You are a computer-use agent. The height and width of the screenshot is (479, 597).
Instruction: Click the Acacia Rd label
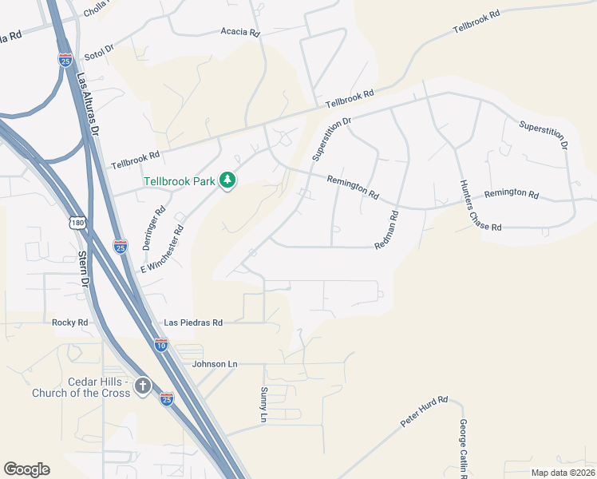click(240, 34)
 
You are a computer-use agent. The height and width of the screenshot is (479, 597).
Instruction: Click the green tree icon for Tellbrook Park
click(228, 180)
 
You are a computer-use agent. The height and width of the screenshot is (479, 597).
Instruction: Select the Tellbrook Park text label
click(180, 181)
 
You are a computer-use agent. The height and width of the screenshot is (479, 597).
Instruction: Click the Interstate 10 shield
click(161, 345)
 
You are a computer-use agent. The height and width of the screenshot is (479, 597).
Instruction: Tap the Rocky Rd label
click(69, 323)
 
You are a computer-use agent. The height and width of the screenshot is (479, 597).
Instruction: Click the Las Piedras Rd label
click(192, 323)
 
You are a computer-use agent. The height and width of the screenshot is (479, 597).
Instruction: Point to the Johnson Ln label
click(215, 364)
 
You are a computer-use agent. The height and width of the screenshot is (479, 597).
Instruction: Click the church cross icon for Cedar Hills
click(142, 386)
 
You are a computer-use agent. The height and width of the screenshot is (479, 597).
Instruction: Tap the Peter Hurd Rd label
click(425, 410)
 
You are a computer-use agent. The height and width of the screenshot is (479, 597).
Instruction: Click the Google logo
click(26, 469)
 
